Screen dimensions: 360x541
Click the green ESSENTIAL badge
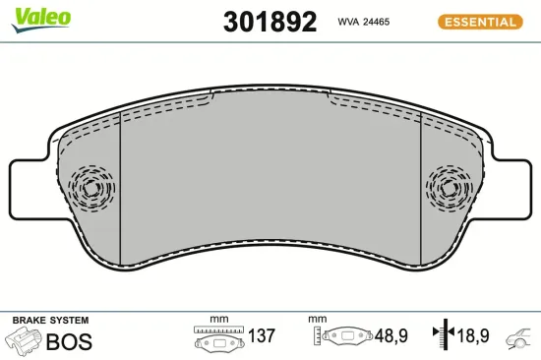(480, 21)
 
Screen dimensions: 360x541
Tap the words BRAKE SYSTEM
(50, 321)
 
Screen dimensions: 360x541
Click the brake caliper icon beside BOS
(26, 341)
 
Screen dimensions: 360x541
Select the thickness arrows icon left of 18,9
(442, 337)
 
